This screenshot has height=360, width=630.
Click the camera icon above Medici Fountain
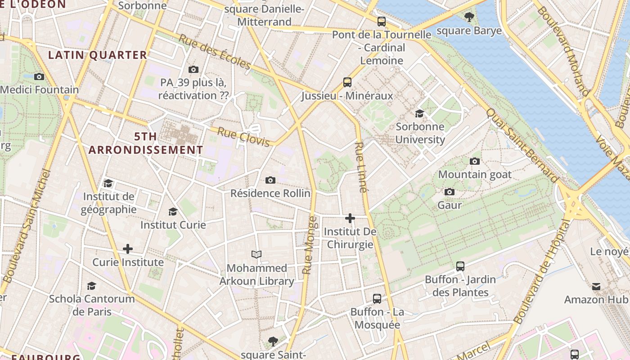click(x=39, y=76)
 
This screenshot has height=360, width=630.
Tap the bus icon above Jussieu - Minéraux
click(x=347, y=82)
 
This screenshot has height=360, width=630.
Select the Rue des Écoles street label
click(x=214, y=52)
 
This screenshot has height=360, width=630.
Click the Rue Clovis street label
click(x=244, y=137)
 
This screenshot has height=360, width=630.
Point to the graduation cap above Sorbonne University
click(x=419, y=113)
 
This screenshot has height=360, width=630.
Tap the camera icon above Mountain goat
click(x=474, y=161)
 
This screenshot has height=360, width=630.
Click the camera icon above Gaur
click(x=449, y=192)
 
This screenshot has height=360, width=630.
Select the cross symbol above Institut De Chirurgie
click(x=350, y=219)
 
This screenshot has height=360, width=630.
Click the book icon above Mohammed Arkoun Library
click(x=256, y=255)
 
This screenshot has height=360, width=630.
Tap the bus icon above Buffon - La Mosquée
click(x=377, y=298)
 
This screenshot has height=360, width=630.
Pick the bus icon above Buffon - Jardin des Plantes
click(x=460, y=266)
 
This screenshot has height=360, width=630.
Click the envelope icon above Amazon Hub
click(x=596, y=286)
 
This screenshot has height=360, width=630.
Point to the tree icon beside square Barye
click(x=469, y=18)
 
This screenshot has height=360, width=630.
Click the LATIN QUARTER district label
click(x=98, y=55)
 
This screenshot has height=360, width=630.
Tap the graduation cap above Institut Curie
click(x=173, y=211)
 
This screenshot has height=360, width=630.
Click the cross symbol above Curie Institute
click(x=128, y=249)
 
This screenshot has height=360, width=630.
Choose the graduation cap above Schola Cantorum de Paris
click(x=91, y=286)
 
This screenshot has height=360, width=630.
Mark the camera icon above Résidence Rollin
click(x=270, y=180)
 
